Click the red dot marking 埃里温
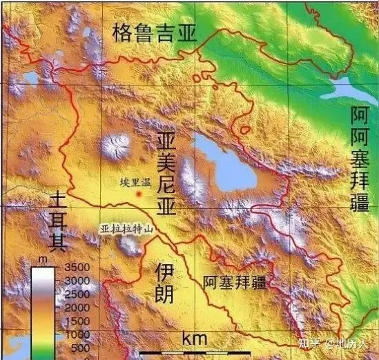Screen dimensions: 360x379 (x=139, y=195)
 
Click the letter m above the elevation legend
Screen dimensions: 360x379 (x=42, y=259)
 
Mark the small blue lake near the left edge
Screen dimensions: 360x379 (x=31, y=78)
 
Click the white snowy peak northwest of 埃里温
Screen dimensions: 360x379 (x=115, y=146)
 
